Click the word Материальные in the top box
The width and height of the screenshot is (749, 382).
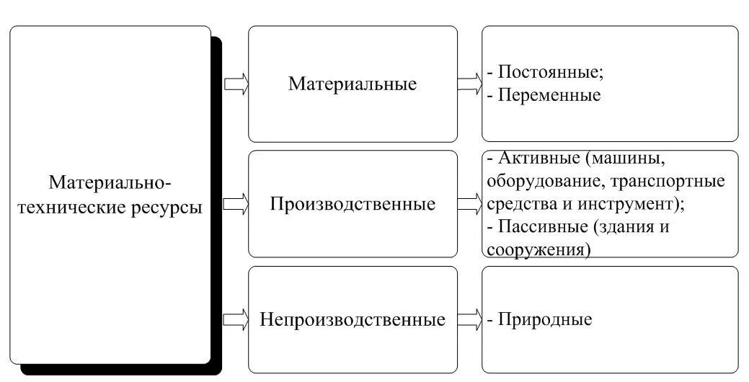[353, 84]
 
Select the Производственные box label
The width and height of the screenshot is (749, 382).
[353, 204]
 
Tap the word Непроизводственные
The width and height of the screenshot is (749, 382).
[353, 319]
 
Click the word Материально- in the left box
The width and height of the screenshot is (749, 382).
[110, 182]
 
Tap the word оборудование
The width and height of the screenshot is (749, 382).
[533, 181]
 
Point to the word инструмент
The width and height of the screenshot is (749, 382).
[639, 203]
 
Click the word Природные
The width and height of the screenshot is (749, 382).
[545, 319]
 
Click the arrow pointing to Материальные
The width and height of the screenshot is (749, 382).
[236, 84]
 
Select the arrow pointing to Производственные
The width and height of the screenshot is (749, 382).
[236, 205]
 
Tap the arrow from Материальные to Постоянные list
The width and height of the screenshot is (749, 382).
[469, 84]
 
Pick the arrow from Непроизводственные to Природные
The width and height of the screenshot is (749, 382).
[469, 319]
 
